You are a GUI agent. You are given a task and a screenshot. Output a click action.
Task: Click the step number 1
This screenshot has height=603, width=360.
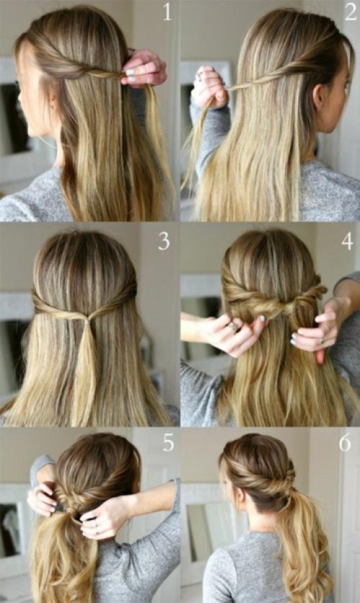tap(167, 12)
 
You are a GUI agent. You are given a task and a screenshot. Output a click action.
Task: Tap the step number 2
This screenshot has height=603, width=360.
tap(351, 12)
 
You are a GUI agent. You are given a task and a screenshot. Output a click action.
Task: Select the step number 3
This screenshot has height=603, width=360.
tap(163, 241)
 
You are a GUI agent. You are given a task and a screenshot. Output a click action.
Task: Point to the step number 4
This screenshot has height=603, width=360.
tap(347, 241)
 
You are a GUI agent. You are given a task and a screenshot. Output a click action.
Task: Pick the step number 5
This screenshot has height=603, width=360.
tap(168, 442)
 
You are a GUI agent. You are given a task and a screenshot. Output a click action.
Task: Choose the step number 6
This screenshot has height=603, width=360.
tap(345, 442)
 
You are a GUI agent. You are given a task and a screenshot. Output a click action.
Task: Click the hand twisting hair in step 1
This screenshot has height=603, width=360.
tap(144, 67)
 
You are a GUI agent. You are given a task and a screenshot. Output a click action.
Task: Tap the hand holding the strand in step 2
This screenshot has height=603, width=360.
tap(209, 87)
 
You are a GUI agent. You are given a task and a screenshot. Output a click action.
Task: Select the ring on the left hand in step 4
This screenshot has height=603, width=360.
tap(233, 327)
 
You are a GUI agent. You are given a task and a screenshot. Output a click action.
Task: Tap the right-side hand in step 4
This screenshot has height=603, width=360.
tap(317, 329)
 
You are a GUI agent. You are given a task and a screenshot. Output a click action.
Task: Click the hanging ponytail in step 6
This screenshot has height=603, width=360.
tap(304, 546)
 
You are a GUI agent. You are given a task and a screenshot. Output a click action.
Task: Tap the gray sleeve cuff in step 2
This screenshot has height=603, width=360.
tap(201, 112)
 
